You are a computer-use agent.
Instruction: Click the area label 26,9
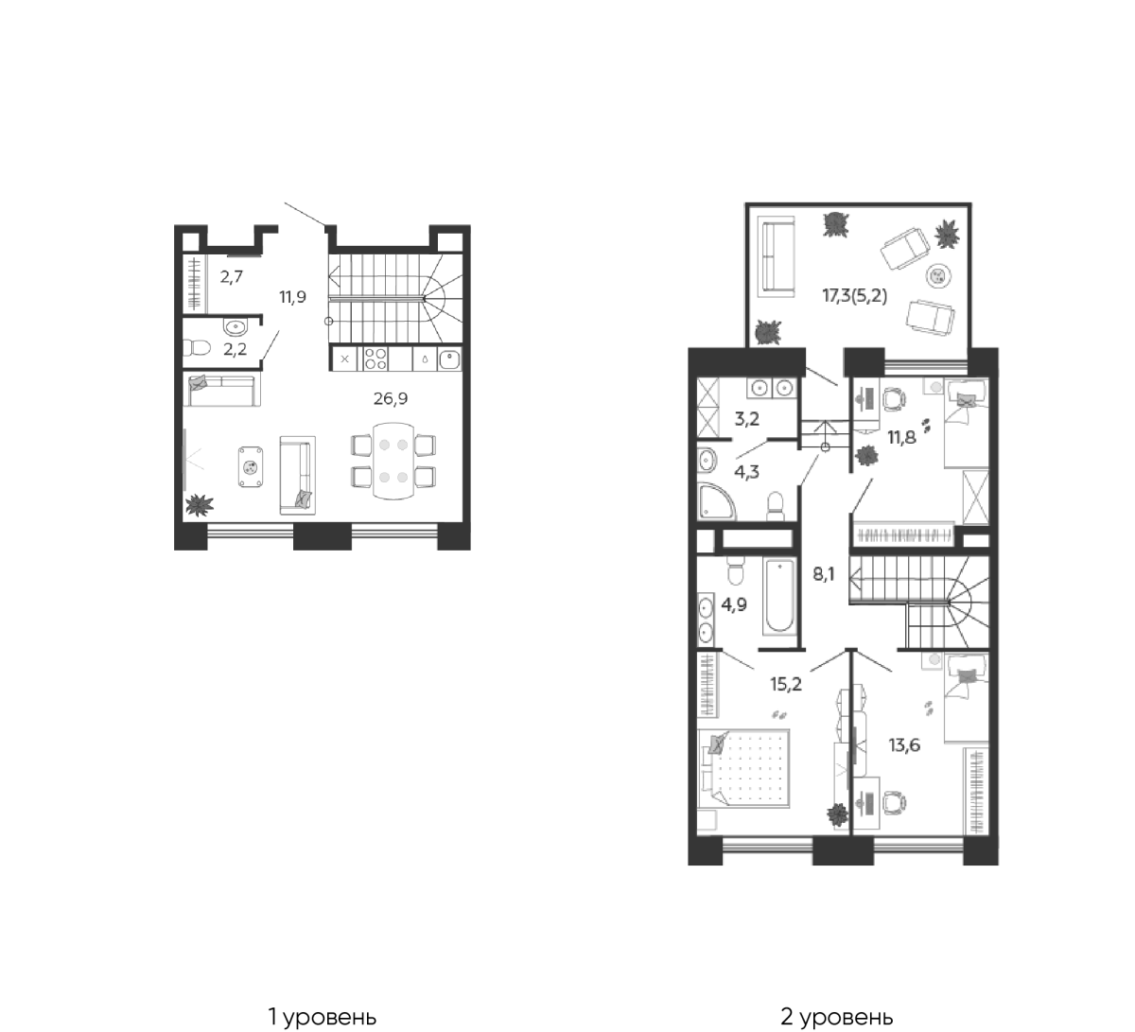391,399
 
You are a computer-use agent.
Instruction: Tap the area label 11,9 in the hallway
292,297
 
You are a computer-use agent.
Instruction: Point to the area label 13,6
904,745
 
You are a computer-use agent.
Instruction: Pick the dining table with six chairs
393,462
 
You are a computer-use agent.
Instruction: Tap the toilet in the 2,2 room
197,347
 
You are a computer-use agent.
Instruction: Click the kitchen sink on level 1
449,359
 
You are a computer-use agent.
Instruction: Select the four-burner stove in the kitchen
375,359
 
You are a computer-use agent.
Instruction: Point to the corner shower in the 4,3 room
715,500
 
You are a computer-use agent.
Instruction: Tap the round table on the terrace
938,276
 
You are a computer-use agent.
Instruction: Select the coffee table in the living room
250,467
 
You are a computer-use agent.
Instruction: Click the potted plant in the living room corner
200,504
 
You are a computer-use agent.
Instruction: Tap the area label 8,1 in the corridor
824,574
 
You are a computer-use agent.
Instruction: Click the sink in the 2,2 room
235,326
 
